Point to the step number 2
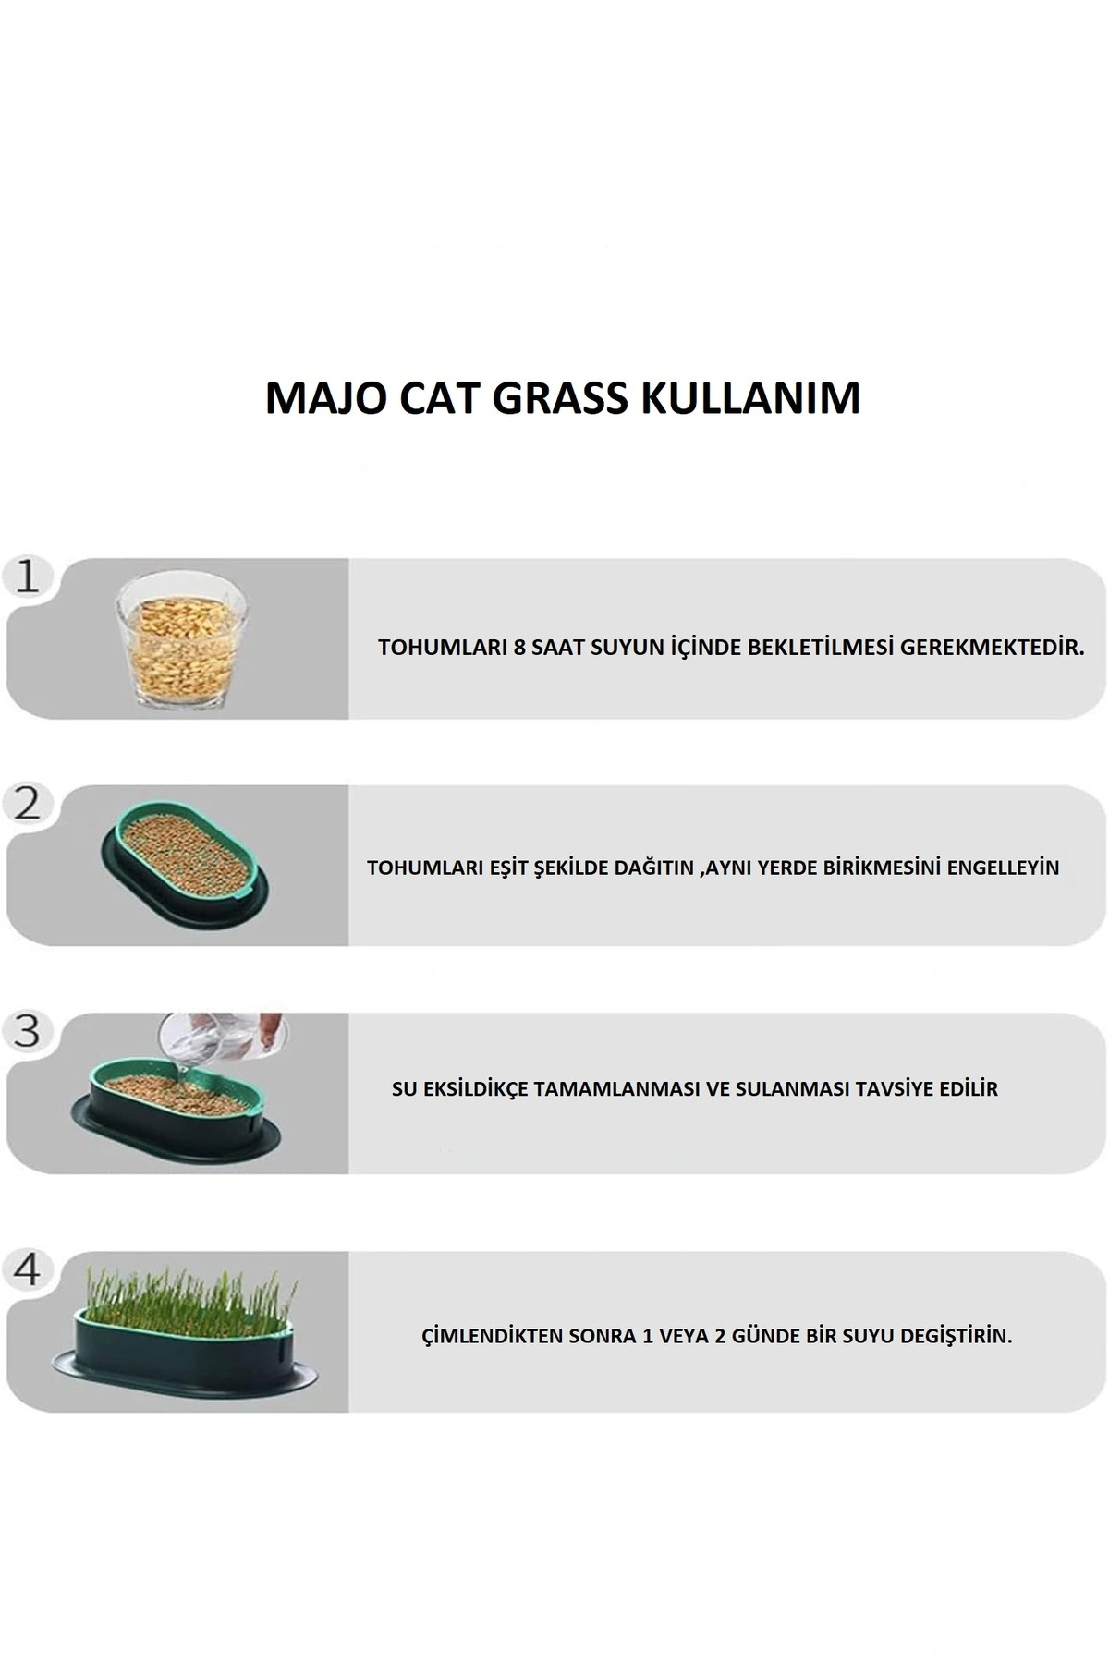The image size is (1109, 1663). (28, 804)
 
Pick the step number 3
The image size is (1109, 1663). (28, 1031)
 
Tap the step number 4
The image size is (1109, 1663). (28, 1269)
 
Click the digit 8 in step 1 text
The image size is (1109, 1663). (519, 647)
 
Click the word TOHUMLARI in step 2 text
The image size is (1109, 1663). (411, 868)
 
